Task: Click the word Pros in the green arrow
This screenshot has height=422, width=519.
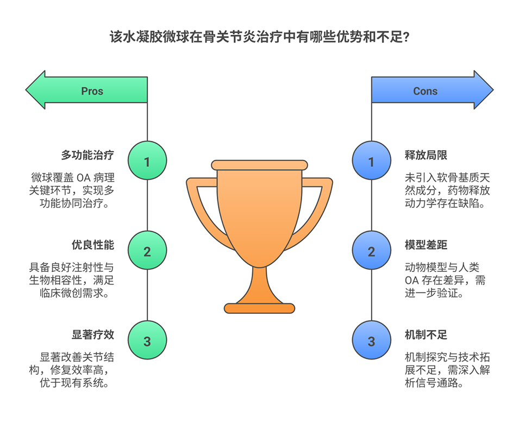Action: (x=92, y=91)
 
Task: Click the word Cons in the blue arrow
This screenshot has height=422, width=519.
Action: (x=425, y=91)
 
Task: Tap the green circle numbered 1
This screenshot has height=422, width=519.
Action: (x=147, y=162)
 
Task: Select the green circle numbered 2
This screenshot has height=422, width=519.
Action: (x=147, y=252)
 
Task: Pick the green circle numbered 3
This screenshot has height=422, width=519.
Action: (x=147, y=342)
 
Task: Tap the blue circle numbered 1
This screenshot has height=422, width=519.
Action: (x=372, y=162)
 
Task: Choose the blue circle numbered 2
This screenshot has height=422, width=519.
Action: (x=372, y=252)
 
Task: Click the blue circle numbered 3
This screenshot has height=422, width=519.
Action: (x=372, y=342)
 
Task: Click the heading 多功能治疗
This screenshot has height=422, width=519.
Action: (x=87, y=156)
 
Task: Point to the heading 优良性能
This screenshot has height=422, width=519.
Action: (x=93, y=245)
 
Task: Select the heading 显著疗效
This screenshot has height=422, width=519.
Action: (x=93, y=335)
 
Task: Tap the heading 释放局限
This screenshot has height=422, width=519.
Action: (x=426, y=156)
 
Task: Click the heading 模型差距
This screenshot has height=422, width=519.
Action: (x=426, y=245)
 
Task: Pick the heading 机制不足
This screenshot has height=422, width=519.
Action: (x=426, y=335)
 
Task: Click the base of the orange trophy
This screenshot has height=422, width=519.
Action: (x=260, y=308)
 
